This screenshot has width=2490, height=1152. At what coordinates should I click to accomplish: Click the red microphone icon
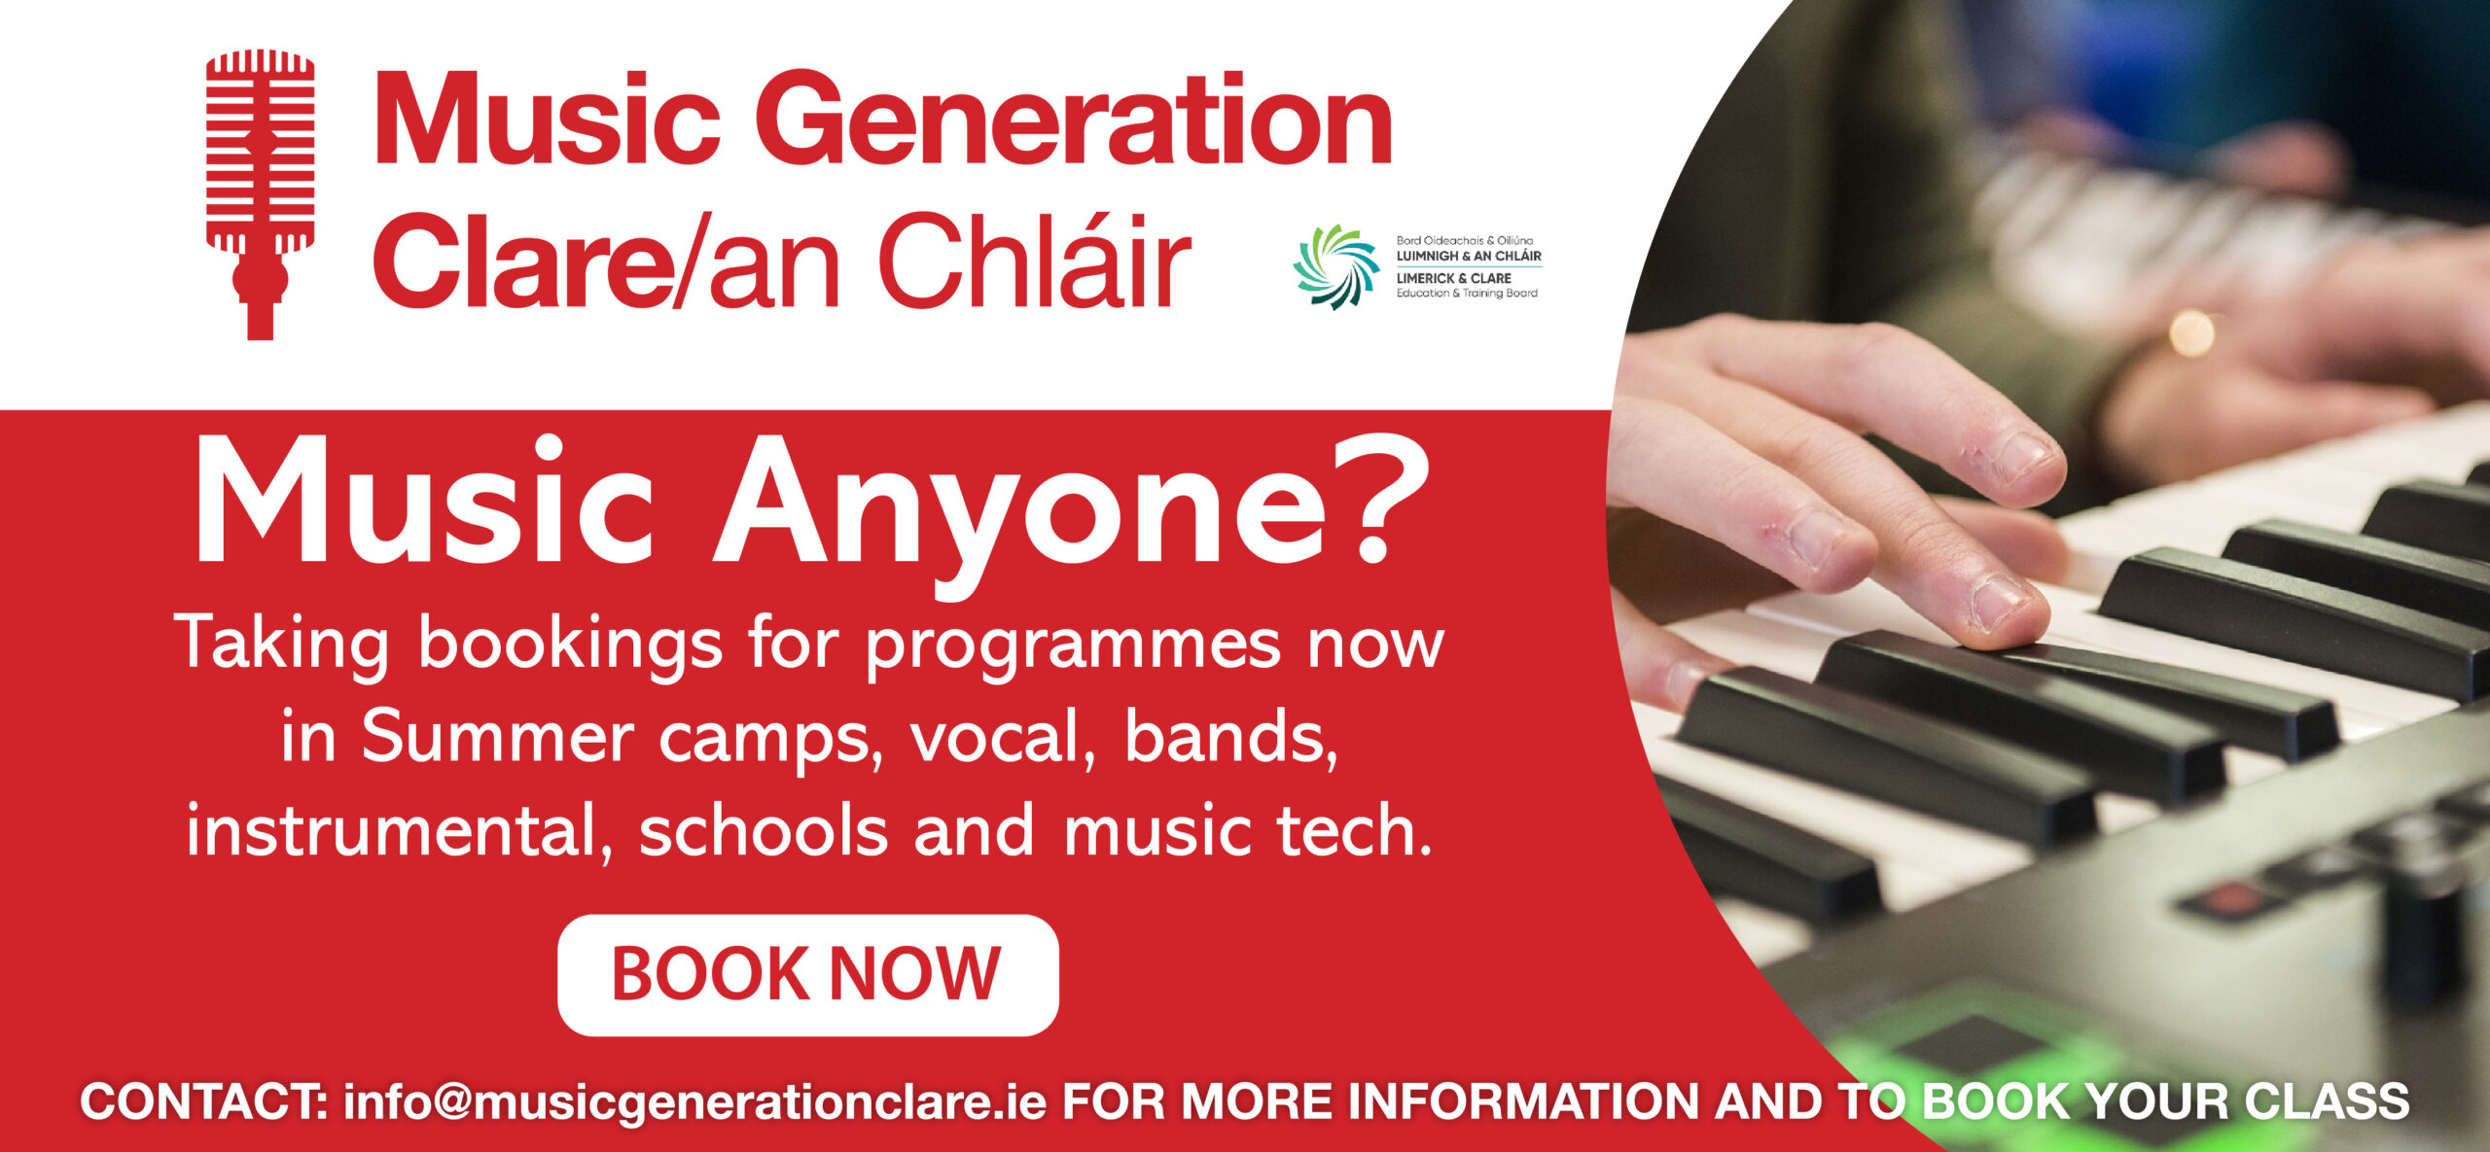[260, 194]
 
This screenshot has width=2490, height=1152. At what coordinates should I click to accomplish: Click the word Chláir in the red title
[1035, 260]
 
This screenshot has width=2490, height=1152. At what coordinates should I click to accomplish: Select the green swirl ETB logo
[1335, 266]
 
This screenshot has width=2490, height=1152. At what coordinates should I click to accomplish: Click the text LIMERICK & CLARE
[1454, 278]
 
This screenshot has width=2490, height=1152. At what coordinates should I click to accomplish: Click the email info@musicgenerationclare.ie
[694, 1102]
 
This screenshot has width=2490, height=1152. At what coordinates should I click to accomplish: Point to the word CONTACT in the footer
[203, 1101]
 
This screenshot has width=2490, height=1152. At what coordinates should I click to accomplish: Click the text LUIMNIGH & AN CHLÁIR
[1469, 256]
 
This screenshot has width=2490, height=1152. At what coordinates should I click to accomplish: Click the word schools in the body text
[764, 831]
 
